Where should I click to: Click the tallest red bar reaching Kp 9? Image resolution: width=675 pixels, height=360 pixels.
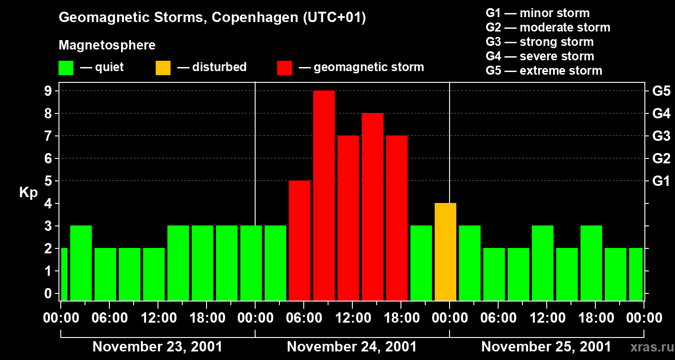pos(324,195)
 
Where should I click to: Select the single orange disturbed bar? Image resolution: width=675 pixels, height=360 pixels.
pos(445,252)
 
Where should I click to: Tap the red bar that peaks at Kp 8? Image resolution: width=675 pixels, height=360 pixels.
pos(373,207)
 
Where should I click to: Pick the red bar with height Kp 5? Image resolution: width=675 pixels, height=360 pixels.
pos(300,240)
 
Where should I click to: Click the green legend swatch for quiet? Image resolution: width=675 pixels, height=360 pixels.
pos(66,68)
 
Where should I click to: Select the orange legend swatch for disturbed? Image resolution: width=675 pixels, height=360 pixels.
pos(163,68)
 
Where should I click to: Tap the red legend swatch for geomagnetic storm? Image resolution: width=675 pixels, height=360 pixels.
pos(284,68)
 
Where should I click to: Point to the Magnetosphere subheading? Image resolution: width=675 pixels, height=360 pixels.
pos(107,45)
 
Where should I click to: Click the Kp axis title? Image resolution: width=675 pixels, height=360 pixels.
pos(28,193)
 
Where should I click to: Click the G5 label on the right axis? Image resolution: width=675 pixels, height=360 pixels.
pos(661,91)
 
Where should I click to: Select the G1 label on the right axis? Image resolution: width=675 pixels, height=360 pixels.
pos(661,181)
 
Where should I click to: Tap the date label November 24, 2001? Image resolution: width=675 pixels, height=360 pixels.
pos(351,347)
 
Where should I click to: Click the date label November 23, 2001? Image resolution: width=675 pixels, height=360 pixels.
pos(157,347)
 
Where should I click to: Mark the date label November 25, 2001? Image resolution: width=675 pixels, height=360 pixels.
pos(546,347)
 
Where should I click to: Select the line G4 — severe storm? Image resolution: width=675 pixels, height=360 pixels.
pos(540,56)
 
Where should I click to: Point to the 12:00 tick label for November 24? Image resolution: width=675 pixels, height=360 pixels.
pos(352,318)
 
